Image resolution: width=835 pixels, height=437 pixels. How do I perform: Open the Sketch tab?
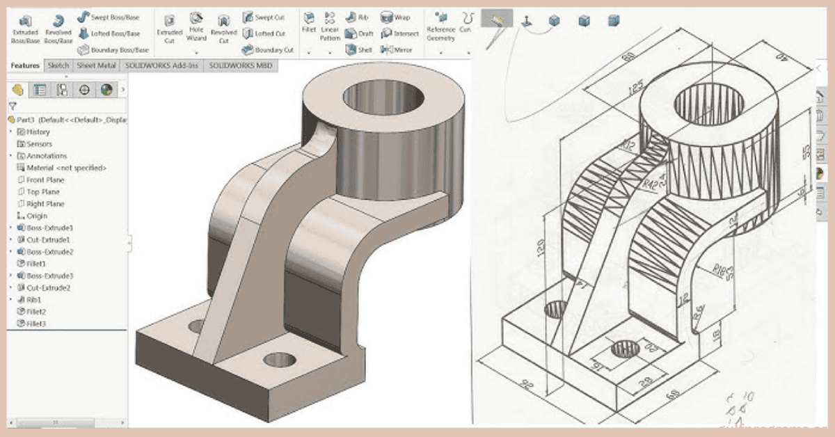pos(58,65)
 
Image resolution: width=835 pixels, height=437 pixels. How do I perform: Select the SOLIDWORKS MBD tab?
pos(241,65)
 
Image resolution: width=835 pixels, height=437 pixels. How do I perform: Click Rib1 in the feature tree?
pos(34,300)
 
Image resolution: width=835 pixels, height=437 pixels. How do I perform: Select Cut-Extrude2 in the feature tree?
pos(48,288)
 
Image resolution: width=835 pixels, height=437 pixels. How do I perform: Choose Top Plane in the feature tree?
pos(42,192)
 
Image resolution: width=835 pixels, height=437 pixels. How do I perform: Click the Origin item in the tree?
pos(36,216)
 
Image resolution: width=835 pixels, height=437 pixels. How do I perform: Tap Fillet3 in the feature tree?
pos(35,324)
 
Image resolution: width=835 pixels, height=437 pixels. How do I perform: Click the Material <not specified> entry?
pos(65,168)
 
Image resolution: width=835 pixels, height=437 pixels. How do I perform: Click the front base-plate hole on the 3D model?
pos(280,360)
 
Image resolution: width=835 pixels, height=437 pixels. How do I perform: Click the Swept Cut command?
pos(267,17)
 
